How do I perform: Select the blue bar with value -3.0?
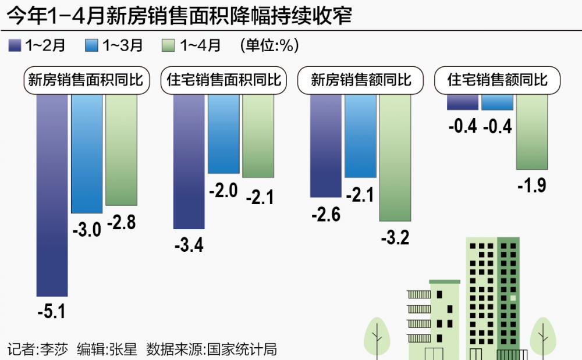point(87,154)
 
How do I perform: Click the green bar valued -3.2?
point(395,158)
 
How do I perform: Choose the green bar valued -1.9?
point(532,131)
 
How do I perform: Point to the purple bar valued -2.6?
point(326,145)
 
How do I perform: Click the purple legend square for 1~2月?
point(15,46)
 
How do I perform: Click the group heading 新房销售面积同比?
point(86,80)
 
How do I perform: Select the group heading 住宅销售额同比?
point(498,80)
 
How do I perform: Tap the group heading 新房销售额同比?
point(360,80)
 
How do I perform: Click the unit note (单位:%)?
point(269,46)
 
